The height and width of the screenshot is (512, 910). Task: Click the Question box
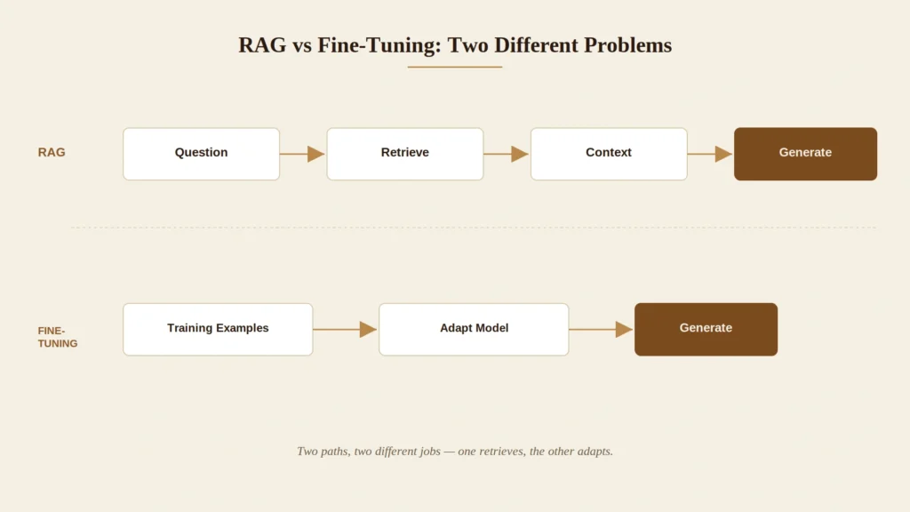tap(202, 154)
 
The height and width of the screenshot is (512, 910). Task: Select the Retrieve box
tap(405, 154)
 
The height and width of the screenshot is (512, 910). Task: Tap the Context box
tap(609, 154)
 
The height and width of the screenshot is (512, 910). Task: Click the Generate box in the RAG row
tap(805, 154)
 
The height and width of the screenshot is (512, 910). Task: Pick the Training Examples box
tap(218, 329)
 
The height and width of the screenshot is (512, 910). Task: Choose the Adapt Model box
tap(474, 329)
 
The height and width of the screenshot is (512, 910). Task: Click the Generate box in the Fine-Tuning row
tap(706, 329)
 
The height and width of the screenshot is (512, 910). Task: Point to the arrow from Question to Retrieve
tap(302, 154)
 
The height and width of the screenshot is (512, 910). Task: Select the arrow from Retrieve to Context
tap(506, 154)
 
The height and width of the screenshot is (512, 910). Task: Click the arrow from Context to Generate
tap(710, 154)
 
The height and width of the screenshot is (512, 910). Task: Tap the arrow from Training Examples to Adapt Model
tap(346, 329)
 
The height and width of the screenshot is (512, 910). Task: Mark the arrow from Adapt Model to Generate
tap(601, 329)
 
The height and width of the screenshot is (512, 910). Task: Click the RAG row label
tap(52, 152)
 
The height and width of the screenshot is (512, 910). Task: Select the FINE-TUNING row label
tap(58, 337)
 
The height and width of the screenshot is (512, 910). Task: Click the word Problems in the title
tap(628, 45)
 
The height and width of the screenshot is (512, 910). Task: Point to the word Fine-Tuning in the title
tap(379, 45)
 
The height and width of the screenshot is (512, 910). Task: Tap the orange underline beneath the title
tap(454, 67)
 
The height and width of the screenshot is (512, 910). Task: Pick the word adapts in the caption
tap(595, 451)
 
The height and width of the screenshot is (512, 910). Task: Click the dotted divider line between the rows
tap(474, 228)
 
